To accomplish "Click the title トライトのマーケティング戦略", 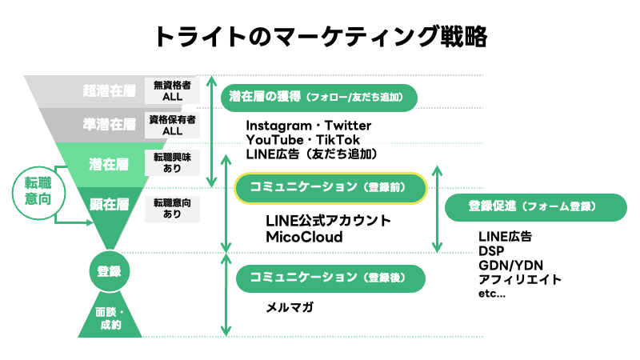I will click(x=320, y=36).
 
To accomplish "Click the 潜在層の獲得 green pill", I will click(x=321, y=98).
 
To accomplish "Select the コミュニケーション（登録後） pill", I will click(x=330, y=278).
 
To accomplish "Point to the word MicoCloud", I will click(x=304, y=238).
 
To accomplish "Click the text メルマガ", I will click(x=290, y=307).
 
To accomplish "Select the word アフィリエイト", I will click(x=519, y=279).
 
